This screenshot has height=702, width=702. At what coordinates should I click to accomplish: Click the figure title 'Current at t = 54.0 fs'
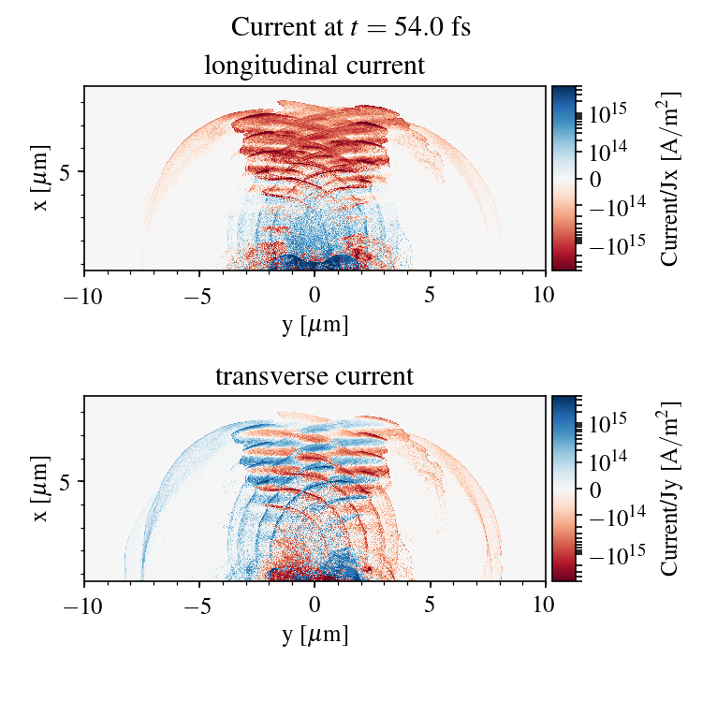click(x=350, y=27)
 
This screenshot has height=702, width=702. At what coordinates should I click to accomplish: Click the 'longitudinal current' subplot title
click(x=314, y=66)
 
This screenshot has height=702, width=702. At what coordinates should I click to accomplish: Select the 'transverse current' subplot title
click(x=314, y=376)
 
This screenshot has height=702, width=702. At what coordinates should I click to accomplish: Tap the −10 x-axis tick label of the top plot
click(x=84, y=295)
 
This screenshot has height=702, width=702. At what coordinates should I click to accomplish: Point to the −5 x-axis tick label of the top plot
click(x=199, y=295)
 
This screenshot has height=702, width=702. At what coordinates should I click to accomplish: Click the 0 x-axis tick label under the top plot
click(x=314, y=295)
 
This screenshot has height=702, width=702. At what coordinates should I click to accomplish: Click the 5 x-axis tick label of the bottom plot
click(x=431, y=606)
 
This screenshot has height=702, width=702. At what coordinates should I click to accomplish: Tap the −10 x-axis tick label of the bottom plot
click(x=84, y=606)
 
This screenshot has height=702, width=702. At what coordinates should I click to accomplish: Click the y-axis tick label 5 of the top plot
click(x=66, y=171)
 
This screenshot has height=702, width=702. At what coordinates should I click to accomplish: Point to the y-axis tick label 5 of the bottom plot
click(x=66, y=482)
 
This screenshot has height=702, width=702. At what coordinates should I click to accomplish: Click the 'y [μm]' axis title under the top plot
click(x=314, y=324)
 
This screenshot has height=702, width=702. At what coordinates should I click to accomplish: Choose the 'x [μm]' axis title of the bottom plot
click(x=41, y=488)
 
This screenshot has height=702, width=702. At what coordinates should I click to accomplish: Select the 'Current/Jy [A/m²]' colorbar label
click(x=670, y=489)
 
